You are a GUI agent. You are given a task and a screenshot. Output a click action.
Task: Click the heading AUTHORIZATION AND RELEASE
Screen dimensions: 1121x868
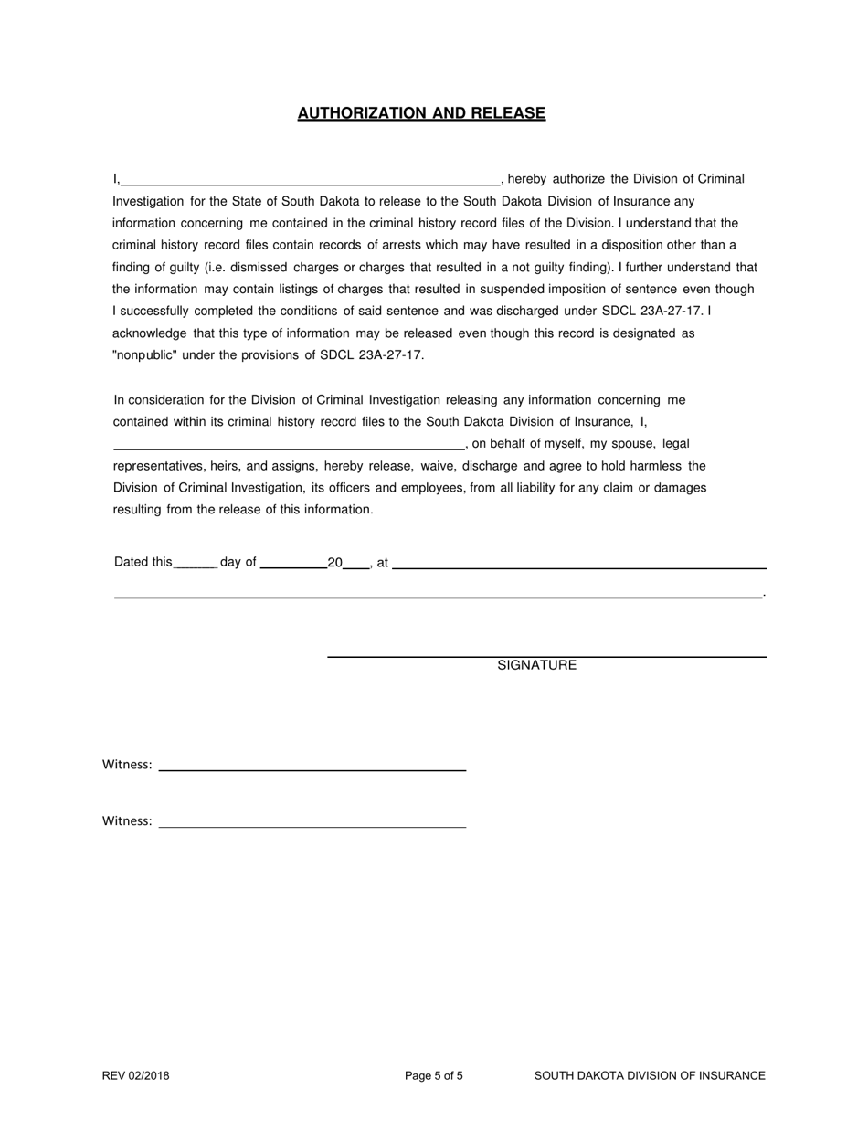coord(421,113)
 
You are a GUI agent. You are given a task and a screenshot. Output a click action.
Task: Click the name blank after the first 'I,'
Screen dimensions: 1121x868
coord(311,179)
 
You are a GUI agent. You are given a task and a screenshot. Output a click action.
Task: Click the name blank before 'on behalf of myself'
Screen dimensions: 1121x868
coord(289,444)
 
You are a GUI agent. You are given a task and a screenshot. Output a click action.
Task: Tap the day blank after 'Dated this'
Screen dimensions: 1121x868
coord(195,563)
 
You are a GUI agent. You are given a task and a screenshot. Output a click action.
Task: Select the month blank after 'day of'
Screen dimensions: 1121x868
coord(293,563)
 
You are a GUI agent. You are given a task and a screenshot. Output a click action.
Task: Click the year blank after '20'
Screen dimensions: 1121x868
coord(355,563)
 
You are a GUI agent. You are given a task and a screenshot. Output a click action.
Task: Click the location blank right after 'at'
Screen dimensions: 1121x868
coord(578,563)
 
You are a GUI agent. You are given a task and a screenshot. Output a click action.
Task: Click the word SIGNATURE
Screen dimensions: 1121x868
coord(536,665)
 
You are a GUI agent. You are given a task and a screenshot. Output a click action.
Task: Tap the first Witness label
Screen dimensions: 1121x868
coord(127,765)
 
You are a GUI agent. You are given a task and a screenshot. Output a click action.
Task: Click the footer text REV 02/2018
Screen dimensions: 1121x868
coord(135,1076)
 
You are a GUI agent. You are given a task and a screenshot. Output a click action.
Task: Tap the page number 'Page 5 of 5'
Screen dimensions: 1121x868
coord(434,1076)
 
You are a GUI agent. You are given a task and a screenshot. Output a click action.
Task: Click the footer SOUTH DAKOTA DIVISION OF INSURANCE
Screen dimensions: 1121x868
coord(650,1076)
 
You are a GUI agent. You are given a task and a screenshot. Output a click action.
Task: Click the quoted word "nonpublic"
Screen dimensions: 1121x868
coord(145,355)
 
